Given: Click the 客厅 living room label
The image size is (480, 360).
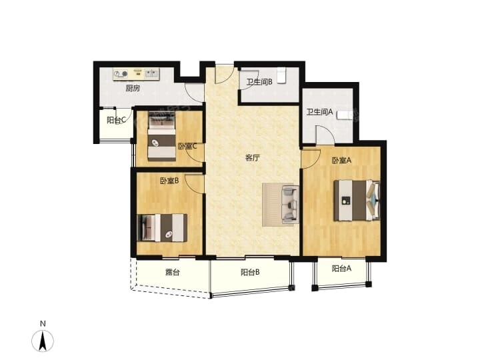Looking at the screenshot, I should coord(252,158).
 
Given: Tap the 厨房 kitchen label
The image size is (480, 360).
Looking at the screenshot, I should coord(132,88).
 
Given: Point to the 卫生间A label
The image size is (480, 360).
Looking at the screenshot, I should coord(319,112).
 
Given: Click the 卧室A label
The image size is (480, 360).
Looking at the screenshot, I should coord(341,160).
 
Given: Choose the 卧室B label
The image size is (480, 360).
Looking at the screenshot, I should coord(169,180).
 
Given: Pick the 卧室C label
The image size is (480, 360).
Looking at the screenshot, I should coord(187,146).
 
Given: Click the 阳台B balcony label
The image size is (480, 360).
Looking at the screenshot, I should coord(250,272).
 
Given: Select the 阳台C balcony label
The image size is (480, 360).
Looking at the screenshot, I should coord(117,121).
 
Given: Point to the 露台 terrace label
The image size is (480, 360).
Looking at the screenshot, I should coord(172,272).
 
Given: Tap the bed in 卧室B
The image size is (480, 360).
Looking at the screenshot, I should coord(162,227).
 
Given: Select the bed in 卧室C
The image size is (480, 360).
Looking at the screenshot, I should coord(161,135).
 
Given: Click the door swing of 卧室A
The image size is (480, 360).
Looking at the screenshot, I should coord(310,158).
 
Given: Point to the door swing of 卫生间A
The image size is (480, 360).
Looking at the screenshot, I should coord(325,135).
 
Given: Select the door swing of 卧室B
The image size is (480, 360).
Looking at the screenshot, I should coord(195,183).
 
